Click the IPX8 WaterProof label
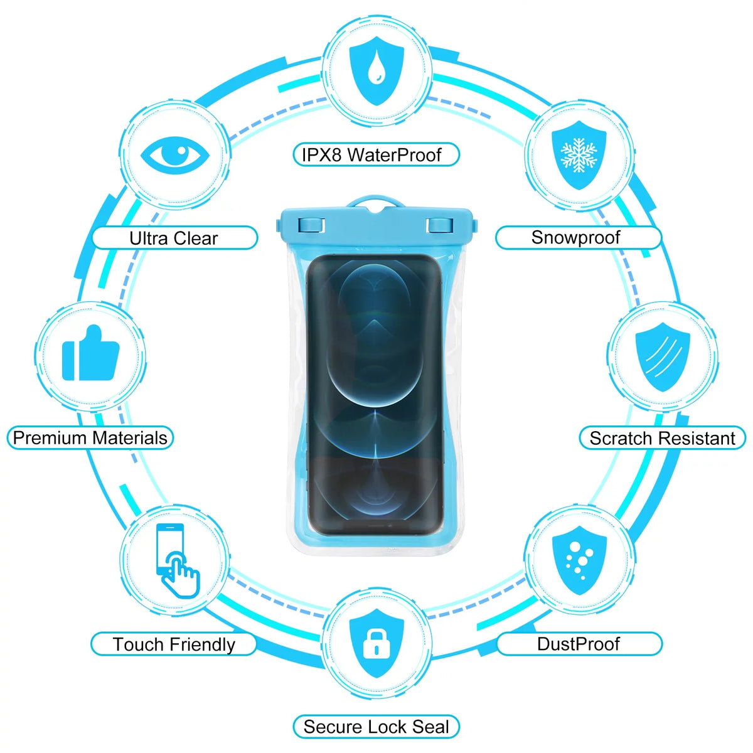tap(376, 155)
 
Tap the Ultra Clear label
tap(174, 238)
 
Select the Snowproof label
tap(579, 238)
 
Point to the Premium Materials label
tap(90, 437)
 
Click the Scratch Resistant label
tap(663, 438)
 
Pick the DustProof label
tap(579, 644)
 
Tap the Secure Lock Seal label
tap(376, 727)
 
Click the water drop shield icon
tap(376, 71)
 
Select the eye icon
tap(175, 155)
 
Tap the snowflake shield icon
tap(579, 155)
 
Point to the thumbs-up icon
tap(90, 353)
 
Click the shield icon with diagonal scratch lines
tap(663, 357)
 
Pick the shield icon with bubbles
tap(579, 560)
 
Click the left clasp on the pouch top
tap(311, 225)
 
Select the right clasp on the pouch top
tap(440, 225)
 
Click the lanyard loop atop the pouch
tap(375, 201)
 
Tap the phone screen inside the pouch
tap(375, 395)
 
